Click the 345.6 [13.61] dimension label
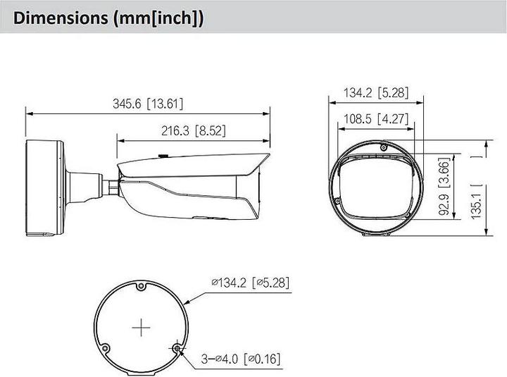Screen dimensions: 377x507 (x=148, y=104)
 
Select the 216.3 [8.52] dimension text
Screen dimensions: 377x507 (x=193, y=130)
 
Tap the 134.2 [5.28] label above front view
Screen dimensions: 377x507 (x=376, y=92)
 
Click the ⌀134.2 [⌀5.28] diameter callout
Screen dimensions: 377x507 (x=249, y=283)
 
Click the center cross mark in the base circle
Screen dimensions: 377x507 (x=142, y=328)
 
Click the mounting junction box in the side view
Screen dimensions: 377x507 (x=44, y=188)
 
